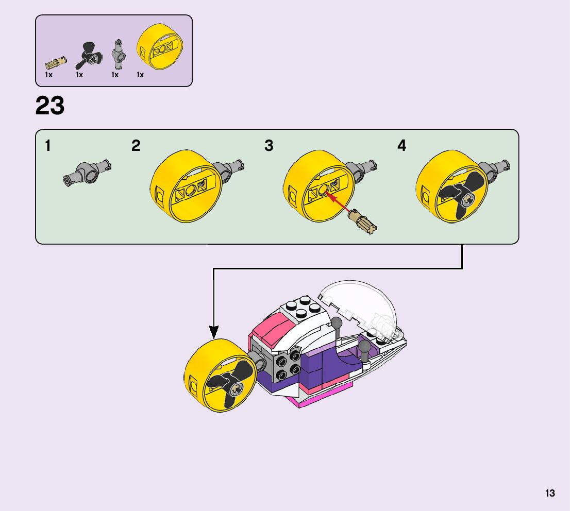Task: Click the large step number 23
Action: tap(50, 106)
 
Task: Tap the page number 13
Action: tap(550, 493)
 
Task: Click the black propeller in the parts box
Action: tap(88, 56)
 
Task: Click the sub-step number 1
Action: tap(48, 146)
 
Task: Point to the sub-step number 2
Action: tap(136, 146)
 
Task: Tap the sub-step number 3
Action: tap(269, 146)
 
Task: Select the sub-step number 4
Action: tap(401, 146)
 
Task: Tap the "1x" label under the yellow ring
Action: tap(140, 75)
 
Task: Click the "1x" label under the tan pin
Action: tap(48, 75)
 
